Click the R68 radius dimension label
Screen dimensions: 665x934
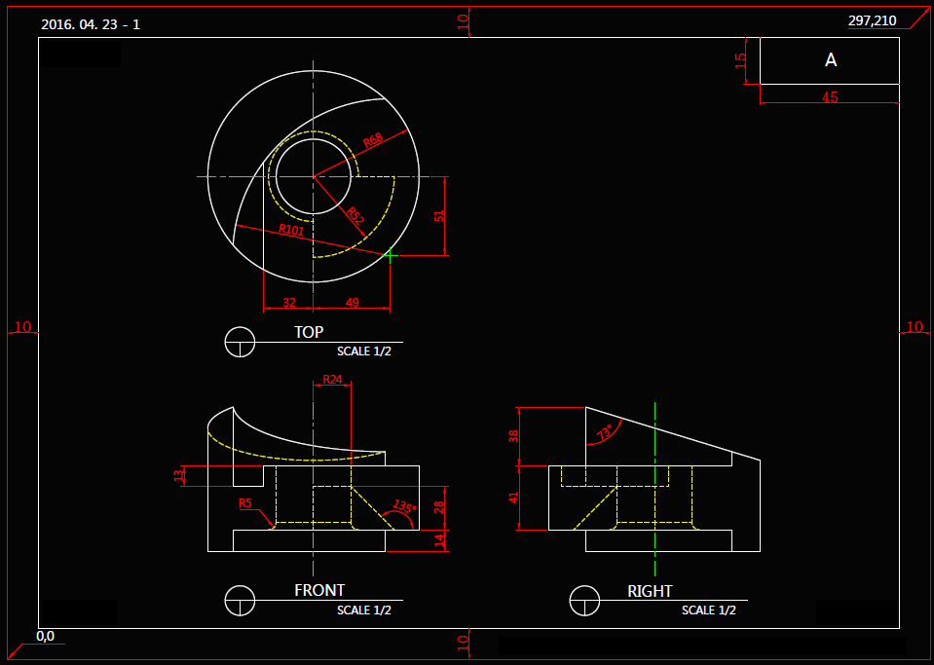click(x=373, y=142)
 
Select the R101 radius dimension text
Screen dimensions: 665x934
click(x=291, y=230)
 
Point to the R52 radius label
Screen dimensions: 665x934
click(x=355, y=215)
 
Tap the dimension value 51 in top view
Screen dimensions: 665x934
click(x=439, y=216)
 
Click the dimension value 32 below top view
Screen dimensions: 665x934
click(x=289, y=303)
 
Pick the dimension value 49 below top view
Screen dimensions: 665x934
click(x=353, y=303)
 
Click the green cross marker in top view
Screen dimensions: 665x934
click(x=391, y=255)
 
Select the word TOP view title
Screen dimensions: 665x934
click(x=309, y=332)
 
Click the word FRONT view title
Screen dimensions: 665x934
click(x=319, y=590)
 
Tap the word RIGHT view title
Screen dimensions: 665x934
click(x=650, y=591)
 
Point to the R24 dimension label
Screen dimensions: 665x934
click(x=333, y=379)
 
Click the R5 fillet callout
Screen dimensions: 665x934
click(x=245, y=503)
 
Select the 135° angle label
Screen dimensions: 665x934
click(x=403, y=507)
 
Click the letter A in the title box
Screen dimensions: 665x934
click(x=831, y=60)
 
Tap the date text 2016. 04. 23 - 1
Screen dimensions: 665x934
click(x=91, y=23)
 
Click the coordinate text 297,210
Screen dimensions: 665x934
click(x=872, y=20)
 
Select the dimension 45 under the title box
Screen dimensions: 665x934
click(x=830, y=97)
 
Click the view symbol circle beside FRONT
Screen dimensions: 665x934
click(x=240, y=601)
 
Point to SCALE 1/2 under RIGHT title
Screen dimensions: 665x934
click(x=708, y=610)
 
